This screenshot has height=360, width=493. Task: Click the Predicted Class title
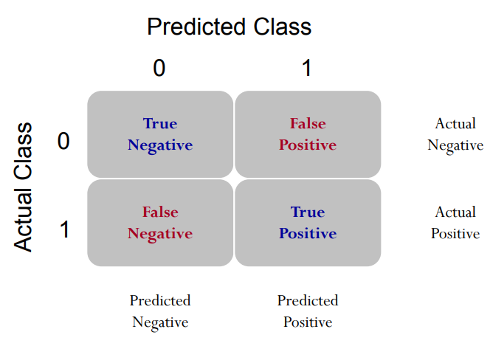[230, 27]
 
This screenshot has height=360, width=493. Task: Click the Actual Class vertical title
[23, 187]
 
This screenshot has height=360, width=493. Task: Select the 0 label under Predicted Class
[159, 68]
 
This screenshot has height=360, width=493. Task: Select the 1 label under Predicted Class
[306, 68]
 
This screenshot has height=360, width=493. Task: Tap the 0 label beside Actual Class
[63, 141]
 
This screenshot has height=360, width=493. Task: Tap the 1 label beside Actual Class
[65, 229]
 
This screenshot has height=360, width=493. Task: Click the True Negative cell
[160, 134]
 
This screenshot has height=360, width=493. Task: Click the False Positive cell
[308, 134]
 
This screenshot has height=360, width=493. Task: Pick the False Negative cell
[160, 223]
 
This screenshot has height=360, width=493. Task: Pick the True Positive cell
[308, 223]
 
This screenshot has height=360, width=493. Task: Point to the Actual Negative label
[455, 135]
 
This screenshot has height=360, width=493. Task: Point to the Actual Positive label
[455, 223]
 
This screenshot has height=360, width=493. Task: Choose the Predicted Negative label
[160, 312]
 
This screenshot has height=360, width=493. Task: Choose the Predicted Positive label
[308, 311]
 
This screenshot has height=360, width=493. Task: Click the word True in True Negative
[160, 123]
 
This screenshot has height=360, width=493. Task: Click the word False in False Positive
[308, 123]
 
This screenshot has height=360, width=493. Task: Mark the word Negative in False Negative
[160, 235]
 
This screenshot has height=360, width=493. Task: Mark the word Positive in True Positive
[308, 234]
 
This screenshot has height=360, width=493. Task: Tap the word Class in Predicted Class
[283, 27]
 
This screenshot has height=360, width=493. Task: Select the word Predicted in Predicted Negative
[160, 300]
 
